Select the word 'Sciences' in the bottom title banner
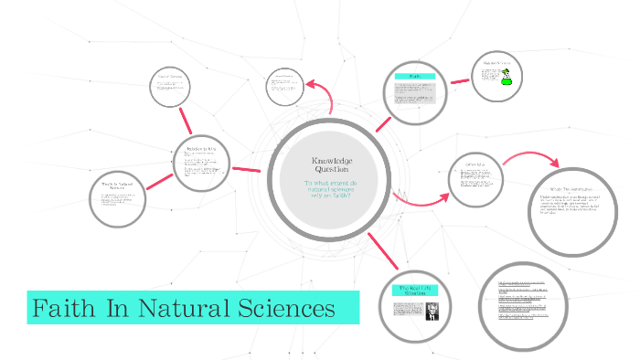coord(287,309)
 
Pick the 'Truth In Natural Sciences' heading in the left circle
coord(118,186)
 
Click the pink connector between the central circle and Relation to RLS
coord(246,169)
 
